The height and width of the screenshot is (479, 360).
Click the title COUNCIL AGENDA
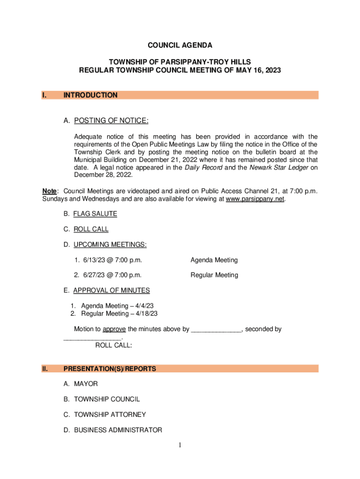coord(180,45)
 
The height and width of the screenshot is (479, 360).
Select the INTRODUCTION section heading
coord(90,95)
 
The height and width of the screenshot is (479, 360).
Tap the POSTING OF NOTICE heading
coord(111,122)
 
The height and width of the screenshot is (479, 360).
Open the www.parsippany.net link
coord(255,199)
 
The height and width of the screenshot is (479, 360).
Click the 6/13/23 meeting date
coord(95,260)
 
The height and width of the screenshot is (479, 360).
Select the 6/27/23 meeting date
coord(95,275)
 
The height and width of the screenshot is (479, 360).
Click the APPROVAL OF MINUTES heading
coord(111,290)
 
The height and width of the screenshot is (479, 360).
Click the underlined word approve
coord(114,329)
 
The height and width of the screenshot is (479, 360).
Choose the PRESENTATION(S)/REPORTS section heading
coord(109,369)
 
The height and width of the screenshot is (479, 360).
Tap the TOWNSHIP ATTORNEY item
coord(110,414)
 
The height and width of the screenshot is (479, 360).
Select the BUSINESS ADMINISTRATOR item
coord(118,430)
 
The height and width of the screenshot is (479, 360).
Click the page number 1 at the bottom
coord(180,445)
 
